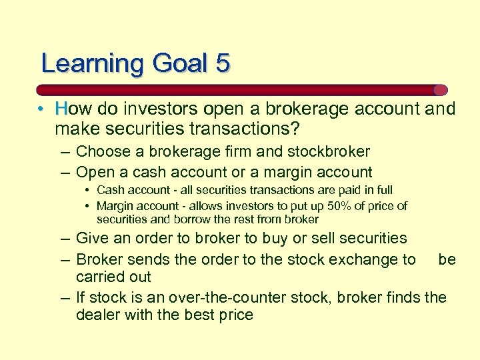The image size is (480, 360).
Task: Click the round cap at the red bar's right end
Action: (440, 90)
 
